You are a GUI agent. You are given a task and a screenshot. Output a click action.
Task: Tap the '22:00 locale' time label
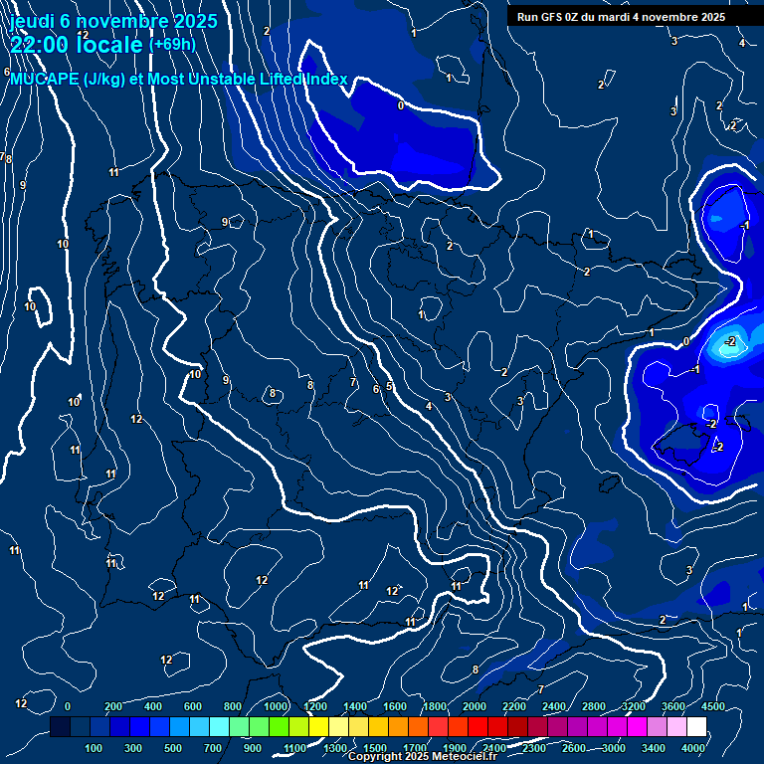click(x=77, y=45)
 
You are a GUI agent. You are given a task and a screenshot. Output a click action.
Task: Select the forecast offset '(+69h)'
click(x=172, y=44)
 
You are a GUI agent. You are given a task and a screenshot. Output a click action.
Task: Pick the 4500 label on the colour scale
click(x=713, y=706)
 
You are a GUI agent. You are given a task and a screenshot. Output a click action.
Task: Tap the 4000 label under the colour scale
click(x=693, y=747)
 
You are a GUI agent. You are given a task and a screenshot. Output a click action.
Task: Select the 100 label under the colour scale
click(x=95, y=747)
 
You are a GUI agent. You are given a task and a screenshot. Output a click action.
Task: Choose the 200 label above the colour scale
click(x=113, y=706)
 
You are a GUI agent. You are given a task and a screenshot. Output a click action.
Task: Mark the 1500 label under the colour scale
click(x=375, y=747)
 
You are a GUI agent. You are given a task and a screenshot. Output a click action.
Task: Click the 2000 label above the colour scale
click(x=474, y=706)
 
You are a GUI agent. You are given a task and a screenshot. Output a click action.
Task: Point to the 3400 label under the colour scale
click(x=654, y=747)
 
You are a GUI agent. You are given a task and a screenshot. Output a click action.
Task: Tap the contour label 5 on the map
click(x=389, y=386)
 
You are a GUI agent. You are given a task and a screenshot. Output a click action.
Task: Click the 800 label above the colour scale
click(x=233, y=706)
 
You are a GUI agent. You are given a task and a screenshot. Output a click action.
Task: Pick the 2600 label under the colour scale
click(x=574, y=747)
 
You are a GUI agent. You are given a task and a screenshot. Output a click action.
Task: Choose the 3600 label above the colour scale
click(x=673, y=706)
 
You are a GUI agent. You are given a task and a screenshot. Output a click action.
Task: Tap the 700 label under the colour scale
click(x=212, y=747)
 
